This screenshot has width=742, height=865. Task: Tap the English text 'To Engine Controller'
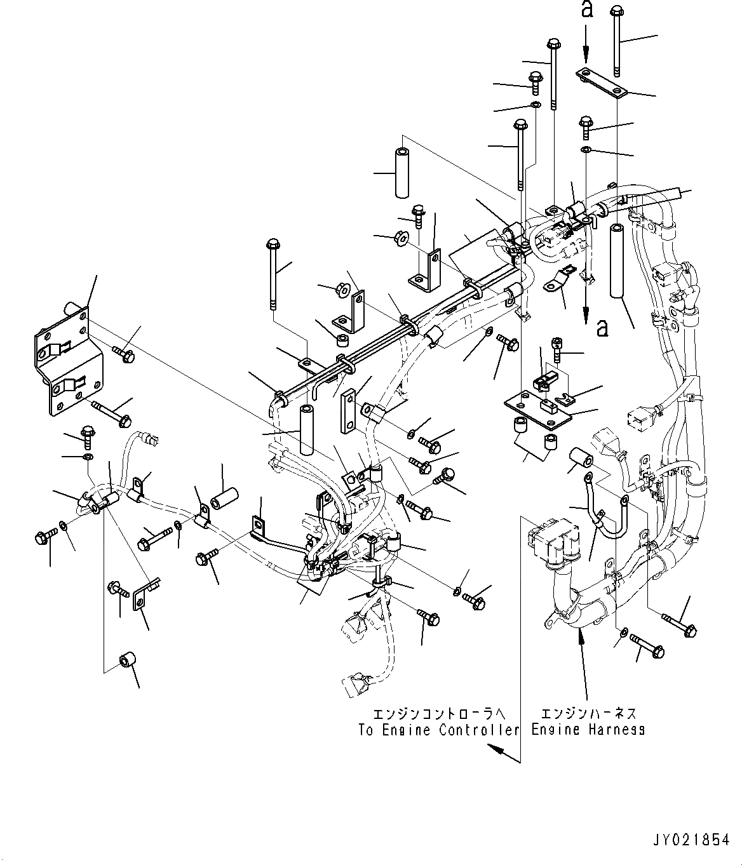pyautogui.click(x=439, y=730)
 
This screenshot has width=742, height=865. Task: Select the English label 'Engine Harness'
pyautogui.click(x=588, y=730)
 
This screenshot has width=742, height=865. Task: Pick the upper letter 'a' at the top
pyautogui.click(x=587, y=11)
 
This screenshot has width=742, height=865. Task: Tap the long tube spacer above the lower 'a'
pyautogui.click(x=615, y=260)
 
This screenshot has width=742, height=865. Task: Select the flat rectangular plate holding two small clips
pyautogui.click(x=538, y=406)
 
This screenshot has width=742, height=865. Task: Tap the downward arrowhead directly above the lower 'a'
pyautogui.click(x=586, y=314)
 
